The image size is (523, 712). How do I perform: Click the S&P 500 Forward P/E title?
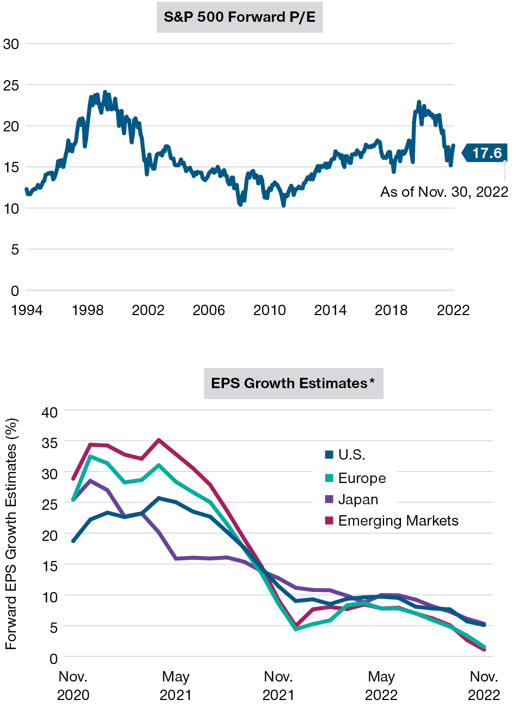(239, 17)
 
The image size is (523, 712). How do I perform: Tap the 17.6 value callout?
(486, 153)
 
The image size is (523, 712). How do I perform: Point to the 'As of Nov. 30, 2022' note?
(444, 192)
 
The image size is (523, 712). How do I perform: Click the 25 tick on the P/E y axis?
(11, 85)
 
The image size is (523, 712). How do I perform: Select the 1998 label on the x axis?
(87, 310)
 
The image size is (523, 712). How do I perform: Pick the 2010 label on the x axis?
(269, 310)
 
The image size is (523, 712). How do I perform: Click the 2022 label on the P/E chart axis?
(453, 310)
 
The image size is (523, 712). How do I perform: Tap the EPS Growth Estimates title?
(293, 383)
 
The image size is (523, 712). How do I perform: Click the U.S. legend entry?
(351, 455)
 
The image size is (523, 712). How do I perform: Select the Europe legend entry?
(362, 478)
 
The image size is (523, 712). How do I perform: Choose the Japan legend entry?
(358, 499)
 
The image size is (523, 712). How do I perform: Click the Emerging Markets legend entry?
(398, 521)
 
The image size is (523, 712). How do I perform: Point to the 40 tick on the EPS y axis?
(50, 412)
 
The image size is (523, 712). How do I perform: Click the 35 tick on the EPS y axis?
(50, 443)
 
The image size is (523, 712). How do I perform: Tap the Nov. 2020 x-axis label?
(73, 686)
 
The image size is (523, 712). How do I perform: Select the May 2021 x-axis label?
(175, 686)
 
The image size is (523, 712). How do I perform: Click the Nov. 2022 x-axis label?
(484, 686)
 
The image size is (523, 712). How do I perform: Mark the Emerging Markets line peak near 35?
(159, 440)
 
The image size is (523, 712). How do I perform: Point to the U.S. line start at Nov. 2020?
(73, 541)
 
